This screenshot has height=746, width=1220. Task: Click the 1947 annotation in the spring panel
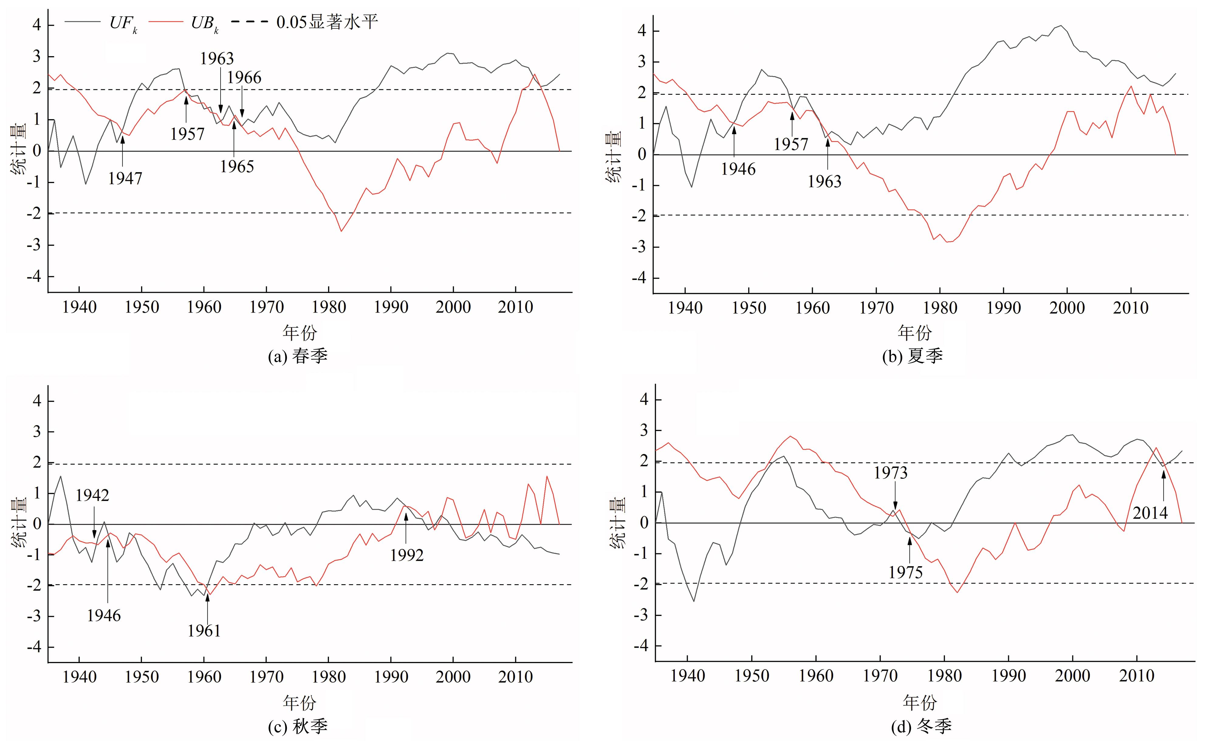point(125,178)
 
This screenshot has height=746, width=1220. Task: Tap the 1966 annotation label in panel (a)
point(244,78)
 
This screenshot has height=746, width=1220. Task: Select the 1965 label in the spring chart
point(237,167)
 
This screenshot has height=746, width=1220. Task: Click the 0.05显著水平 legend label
point(327,22)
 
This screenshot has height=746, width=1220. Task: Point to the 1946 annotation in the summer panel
point(738,169)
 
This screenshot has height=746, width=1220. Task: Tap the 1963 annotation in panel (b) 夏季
point(824,182)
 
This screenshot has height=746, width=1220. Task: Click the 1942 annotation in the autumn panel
point(92,495)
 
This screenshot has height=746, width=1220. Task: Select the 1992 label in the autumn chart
point(406,555)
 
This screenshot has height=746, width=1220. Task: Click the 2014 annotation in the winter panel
point(1150,513)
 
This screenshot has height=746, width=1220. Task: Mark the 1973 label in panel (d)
point(890,473)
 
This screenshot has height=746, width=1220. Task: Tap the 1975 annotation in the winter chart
point(905,573)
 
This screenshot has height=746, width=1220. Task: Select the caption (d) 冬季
point(921,726)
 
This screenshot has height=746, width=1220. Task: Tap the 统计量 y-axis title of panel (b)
point(614,157)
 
